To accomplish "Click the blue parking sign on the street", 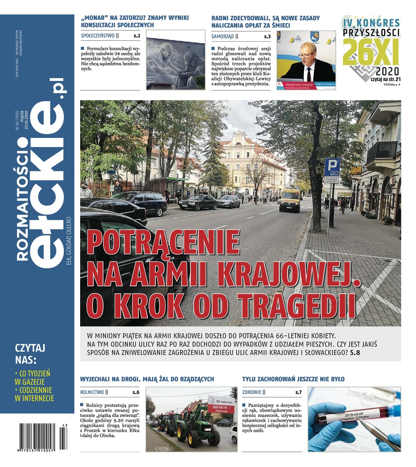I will [x=332, y=167].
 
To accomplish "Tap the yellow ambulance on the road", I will [x=290, y=200].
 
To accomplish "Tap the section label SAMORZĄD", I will [x=223, y=36].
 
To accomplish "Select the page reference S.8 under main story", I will [x=355, y=353].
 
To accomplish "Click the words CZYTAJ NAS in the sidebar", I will [x=30, y=352].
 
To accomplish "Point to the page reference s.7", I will [x=299, y=392].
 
